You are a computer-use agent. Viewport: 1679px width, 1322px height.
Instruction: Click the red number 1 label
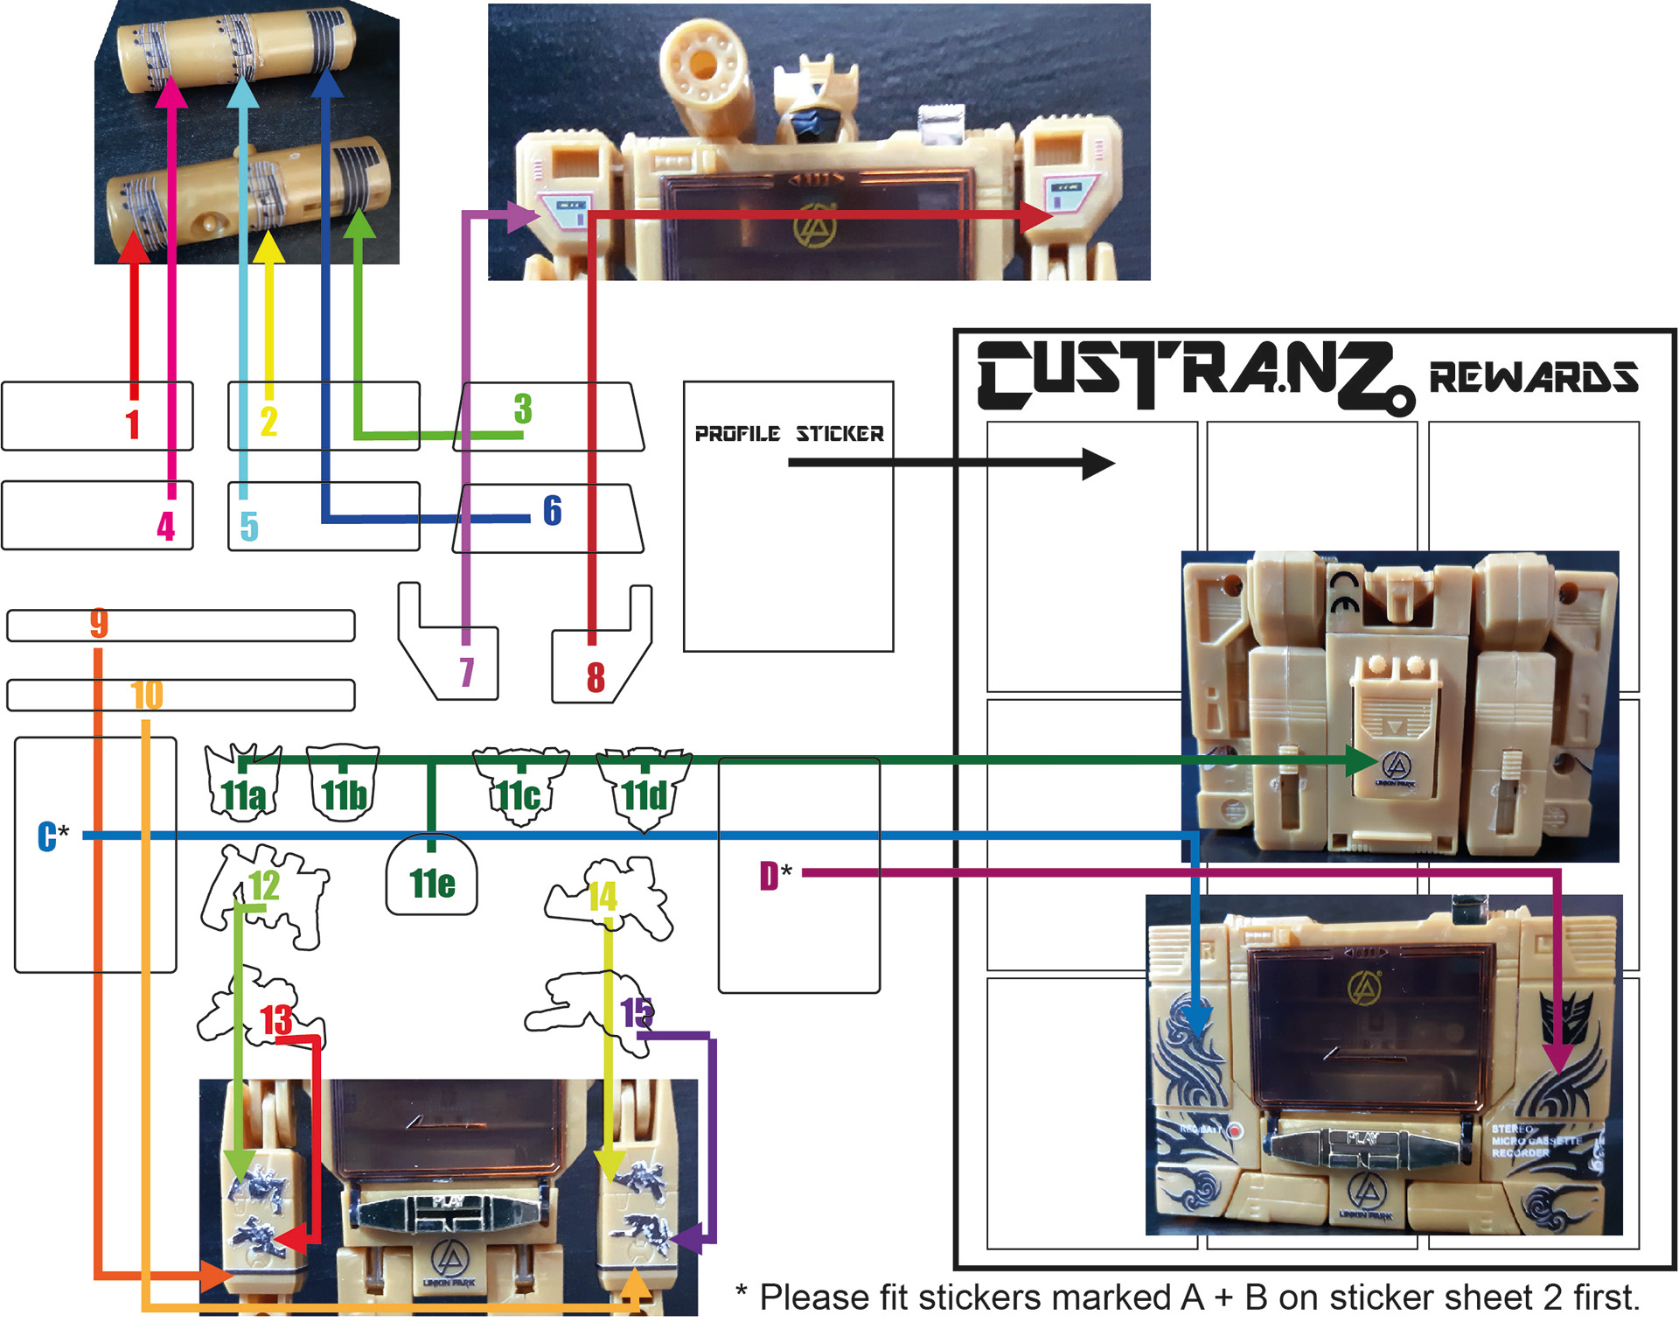(133, 424)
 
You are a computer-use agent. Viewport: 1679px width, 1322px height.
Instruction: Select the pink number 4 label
(165, 526)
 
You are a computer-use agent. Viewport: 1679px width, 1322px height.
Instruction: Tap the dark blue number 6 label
(552, 510)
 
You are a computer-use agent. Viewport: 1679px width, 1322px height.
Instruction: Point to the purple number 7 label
(467, 672)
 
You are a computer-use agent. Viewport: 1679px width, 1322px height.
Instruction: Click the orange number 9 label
(99, 623)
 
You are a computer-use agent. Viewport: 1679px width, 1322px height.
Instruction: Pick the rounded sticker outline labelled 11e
(432, 877)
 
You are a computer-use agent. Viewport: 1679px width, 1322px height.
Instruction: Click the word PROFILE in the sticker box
(737, 434)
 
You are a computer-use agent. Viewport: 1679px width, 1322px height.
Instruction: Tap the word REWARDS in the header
(1533, 377)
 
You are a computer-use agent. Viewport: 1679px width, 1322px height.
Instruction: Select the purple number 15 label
(637, 1012)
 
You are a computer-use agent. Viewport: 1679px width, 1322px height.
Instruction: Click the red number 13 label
(276, 1020)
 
